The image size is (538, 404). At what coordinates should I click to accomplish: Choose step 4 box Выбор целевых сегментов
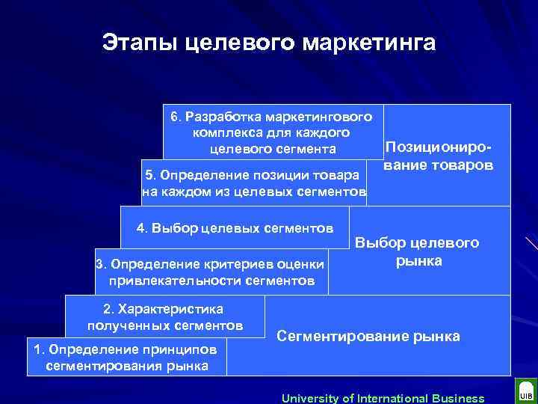coord(235,227)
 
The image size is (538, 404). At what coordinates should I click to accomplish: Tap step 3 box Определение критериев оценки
coord(211,272)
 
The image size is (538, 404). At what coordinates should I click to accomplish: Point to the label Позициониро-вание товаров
coord(438,156)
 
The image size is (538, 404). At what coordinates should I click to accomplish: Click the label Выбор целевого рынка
coord(418,252)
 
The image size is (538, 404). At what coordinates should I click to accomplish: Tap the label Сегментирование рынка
coord(368,336)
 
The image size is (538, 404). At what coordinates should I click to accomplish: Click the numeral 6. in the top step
coord(176,117)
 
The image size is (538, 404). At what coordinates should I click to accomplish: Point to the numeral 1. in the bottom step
coord(37,349)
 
